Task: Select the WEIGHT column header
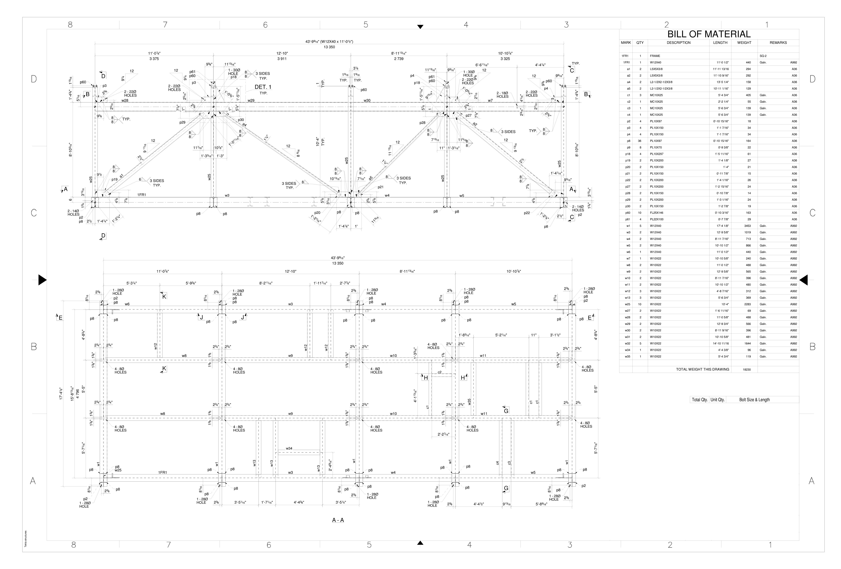pyautogui.click(x=744, y=43)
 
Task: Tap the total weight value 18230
pyautogui.click(x=746, y=370)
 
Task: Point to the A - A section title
pyautogui.click(x=338, y=520)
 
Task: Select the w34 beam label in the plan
pyautogui.click(x=289, y=448)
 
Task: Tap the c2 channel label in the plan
pyautogui.click(x=439, y=372)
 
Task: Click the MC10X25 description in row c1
pyautogui.click(x=656, y=95)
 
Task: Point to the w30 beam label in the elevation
pyautogui.click(x=367, y=101)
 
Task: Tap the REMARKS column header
pyautogui.click(x=778, y=43)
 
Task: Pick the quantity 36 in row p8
pyautogui.click(x=640, y=141)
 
